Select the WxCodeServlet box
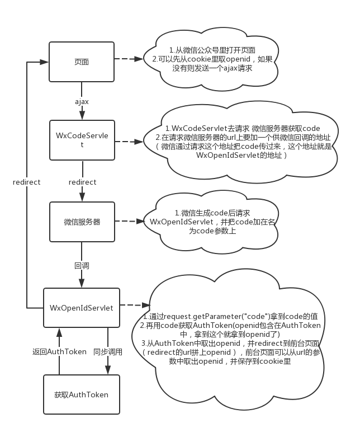tap(82, 140)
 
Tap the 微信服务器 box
tap(82, 221)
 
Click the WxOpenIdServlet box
tap(82, 307)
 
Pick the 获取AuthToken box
tap(82, 395)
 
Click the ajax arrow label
tap(82, 101)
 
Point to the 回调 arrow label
tap(82, 265)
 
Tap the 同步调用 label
tap(108, 351)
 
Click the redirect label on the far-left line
tap(27, 182)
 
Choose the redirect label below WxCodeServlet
tap(82, 182)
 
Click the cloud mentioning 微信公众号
tap(210, 59)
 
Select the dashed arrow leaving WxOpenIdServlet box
tap(134, 306)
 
